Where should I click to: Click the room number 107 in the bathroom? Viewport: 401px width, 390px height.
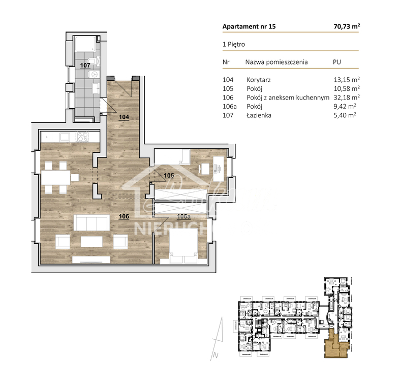pyautogui.click(x=85, y=65)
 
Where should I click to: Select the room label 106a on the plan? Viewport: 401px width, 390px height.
pyautogui.click(x=183, y=216)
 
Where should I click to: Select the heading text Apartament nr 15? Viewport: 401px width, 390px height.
pyautogui.click(x=249, y=26)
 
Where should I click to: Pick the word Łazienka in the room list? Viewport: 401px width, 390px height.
pyautogui.click(x=259, y=115)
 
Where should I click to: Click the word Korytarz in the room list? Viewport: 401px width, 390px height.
pyautogui.click(x=258, y=80)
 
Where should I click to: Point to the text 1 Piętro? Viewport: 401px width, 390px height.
pyautogui.click(x=234, y=44)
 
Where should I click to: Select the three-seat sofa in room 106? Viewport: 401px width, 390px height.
pyautogui.click(x=91, y=223)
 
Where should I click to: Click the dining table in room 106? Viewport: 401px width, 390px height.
pyautogui.click(x=56, y=177)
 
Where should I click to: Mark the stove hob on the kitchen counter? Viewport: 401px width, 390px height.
pyautogui.click(x=83, y=137)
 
